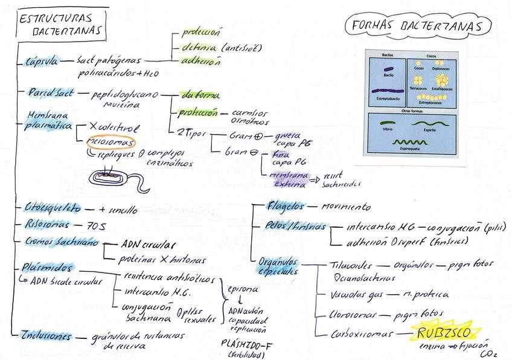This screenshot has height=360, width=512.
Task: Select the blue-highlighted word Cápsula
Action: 40,60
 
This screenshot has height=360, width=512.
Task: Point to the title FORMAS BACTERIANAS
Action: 416,27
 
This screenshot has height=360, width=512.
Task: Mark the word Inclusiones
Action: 45,336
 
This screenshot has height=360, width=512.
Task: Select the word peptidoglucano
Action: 125,94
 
